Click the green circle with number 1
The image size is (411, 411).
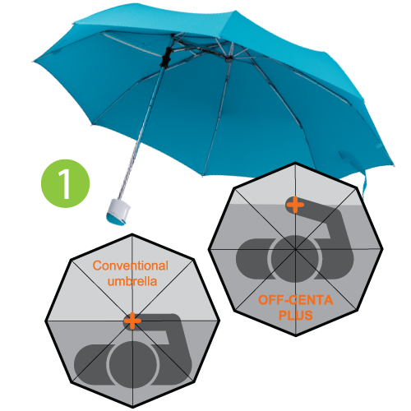click(65, 183)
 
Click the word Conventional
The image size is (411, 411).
click(131, 266)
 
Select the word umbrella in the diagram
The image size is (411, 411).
click(132, 281)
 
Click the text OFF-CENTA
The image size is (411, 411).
click(295, 300)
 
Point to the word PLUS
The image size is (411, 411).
click(296, 315)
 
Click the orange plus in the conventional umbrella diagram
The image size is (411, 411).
click(132, 321)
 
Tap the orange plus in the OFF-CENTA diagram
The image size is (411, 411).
click(295, 205)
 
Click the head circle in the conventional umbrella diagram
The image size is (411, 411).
click(132, 364)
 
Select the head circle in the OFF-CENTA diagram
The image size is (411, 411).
click(295, 259)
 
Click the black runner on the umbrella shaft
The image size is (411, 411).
click(166, 57)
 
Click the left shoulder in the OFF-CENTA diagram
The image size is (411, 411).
click(253, 259)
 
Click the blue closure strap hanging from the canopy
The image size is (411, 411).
click(364, 184)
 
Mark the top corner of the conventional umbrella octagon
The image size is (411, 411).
click(132, 234)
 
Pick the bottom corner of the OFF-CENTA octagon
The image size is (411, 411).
click(296, 335)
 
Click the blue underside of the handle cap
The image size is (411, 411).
click(115, 220)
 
